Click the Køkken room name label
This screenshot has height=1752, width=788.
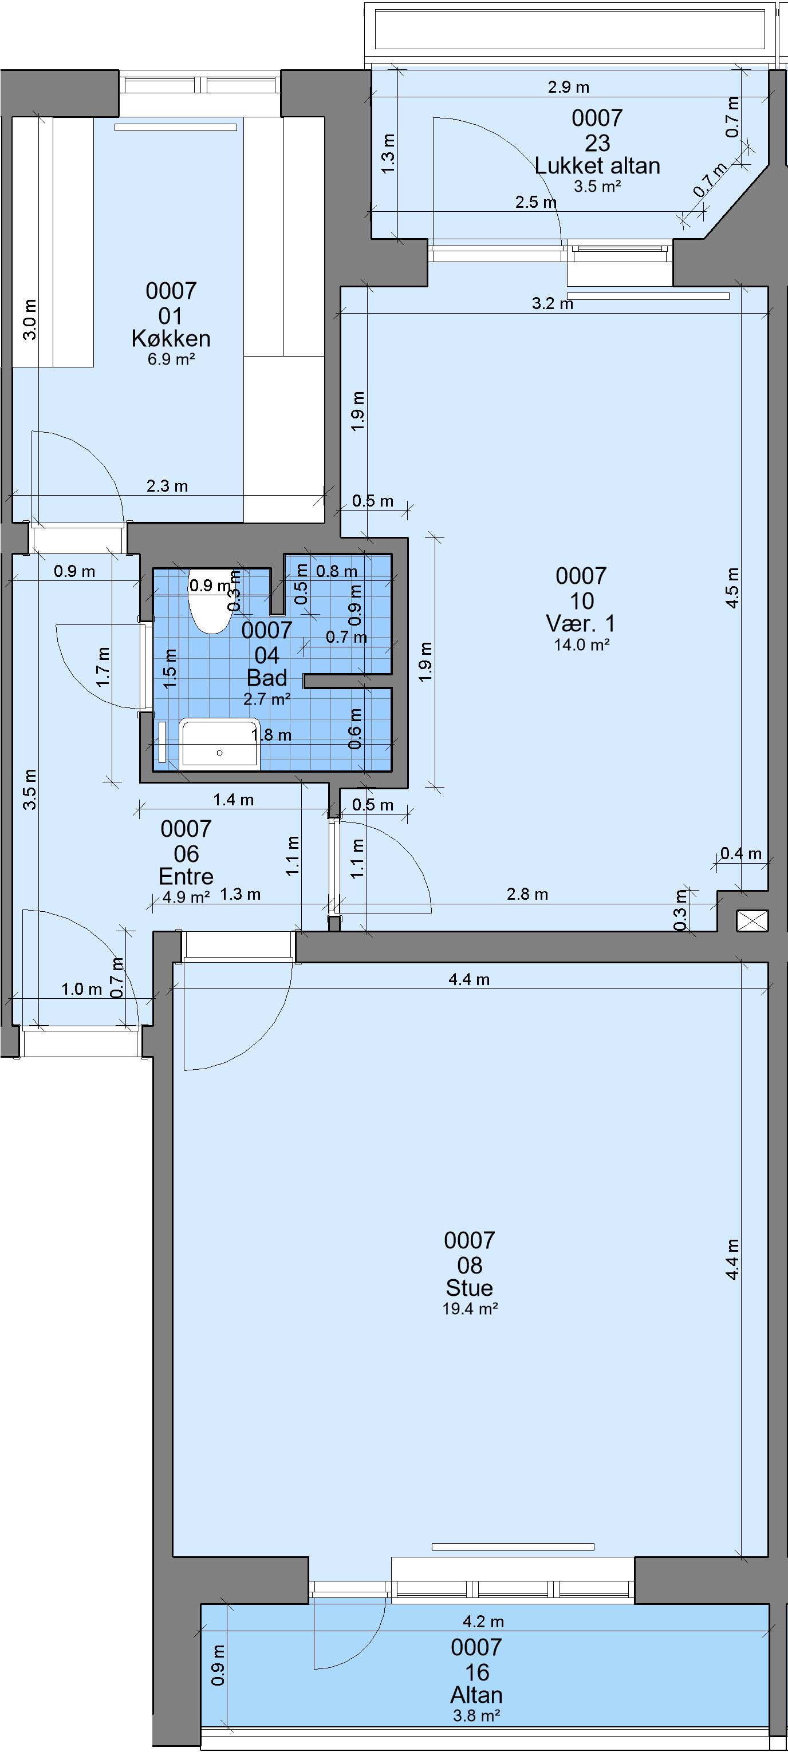coord(171,338)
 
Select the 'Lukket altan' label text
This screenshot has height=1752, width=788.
coord(597,165)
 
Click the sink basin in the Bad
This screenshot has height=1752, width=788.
coord(220,743)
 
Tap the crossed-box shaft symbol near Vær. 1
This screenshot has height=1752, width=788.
coord(752,920)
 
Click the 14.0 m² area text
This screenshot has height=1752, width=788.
coord(582,644)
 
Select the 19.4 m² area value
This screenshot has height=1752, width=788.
coord(470,1308)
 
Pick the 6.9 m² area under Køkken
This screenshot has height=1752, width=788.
coord(171,359)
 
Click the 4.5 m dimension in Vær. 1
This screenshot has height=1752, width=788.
coord(731,588)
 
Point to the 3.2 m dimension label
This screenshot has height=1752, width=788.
coord(553,303)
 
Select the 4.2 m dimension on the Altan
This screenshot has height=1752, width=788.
coord(483,1622)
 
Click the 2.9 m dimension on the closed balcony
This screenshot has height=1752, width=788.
coord(569,87)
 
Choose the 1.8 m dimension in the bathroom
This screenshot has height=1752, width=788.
coord(271,735)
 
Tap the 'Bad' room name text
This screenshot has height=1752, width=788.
coord(267,678)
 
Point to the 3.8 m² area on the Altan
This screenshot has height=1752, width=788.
coord(477,1716)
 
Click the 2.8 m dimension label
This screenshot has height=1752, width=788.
coord(527,895)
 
